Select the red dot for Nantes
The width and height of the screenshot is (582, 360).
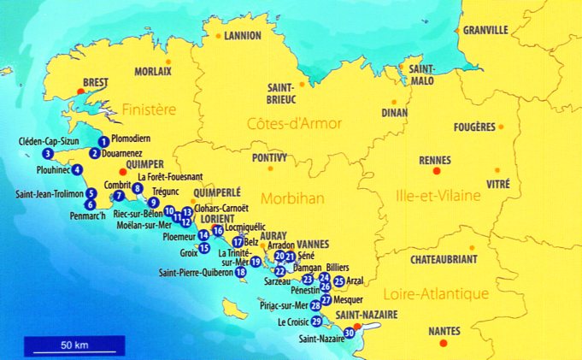pyautogui.click(x=442, y=343)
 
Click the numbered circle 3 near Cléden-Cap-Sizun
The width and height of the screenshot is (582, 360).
pyautogui.click(x=48, y=154)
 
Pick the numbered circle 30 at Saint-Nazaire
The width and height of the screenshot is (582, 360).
pyautogui.click(x=350, y=333)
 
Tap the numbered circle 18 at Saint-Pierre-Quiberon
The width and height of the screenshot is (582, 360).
pyautogui.click(x=241, y=272)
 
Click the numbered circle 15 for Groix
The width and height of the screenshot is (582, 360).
pyautogui.click(x=203, y=248)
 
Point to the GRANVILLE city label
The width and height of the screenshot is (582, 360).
pyautogui.click(x=485, y=30)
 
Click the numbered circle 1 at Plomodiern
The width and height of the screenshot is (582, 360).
pyautogui.click(x=103, y=141)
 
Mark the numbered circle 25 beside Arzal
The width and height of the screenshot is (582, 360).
pyautogui.click(x=339, y=280)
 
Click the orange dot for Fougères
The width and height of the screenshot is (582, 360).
pyautogui.click(x=501, y=127)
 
